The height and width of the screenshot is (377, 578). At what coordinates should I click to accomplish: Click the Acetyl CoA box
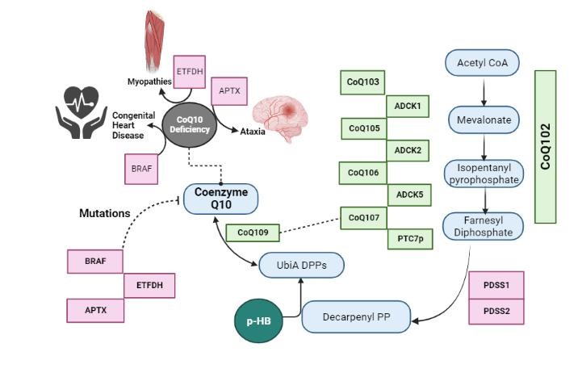pos(483,63)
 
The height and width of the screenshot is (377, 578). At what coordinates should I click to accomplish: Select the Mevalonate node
pos(483,119)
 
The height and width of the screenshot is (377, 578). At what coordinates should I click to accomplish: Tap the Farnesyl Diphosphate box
pos(484,225)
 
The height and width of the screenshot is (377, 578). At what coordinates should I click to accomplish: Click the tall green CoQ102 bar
pos(545,146)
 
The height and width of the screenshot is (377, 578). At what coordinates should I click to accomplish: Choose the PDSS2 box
pos(496,311)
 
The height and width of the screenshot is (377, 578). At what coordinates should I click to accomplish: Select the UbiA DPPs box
pos(300,265)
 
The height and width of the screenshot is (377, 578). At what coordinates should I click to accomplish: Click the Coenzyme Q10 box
pos(220,198)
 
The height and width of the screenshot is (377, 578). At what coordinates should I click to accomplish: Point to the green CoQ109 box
pos(253,232)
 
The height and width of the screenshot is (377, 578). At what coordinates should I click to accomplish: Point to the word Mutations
pos(104,214)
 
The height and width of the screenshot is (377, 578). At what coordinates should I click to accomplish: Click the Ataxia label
pos(252,131)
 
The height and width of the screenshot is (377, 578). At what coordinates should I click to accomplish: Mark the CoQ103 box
pos(363,82)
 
